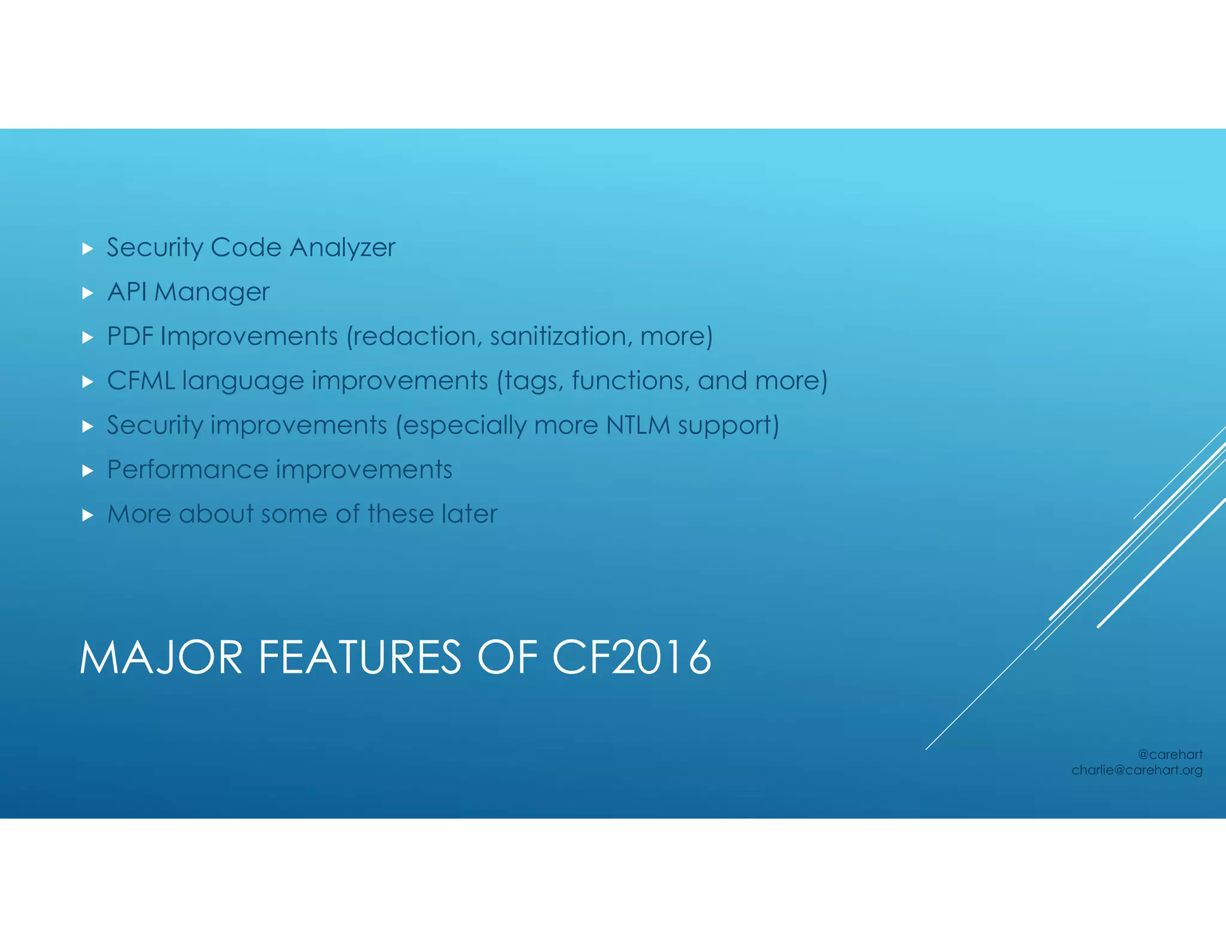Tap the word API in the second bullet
(x=127, y=292)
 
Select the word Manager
(x=212, y=293)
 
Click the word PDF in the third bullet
(x=130, y=336)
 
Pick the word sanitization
(x=560, y=336)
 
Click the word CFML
(x=141, y=381)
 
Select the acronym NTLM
(x=638, y=425)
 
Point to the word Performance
(x=187, y=469)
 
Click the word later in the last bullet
(x=469, y=514)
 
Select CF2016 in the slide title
(x=632, y=658)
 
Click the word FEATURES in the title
(x=360, y=658)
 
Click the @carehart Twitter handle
(x=1170, y=754)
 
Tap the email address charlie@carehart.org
(x=1136, y=770)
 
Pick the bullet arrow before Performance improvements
(x=87, y=471)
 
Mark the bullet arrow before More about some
(x=87, y=515)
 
